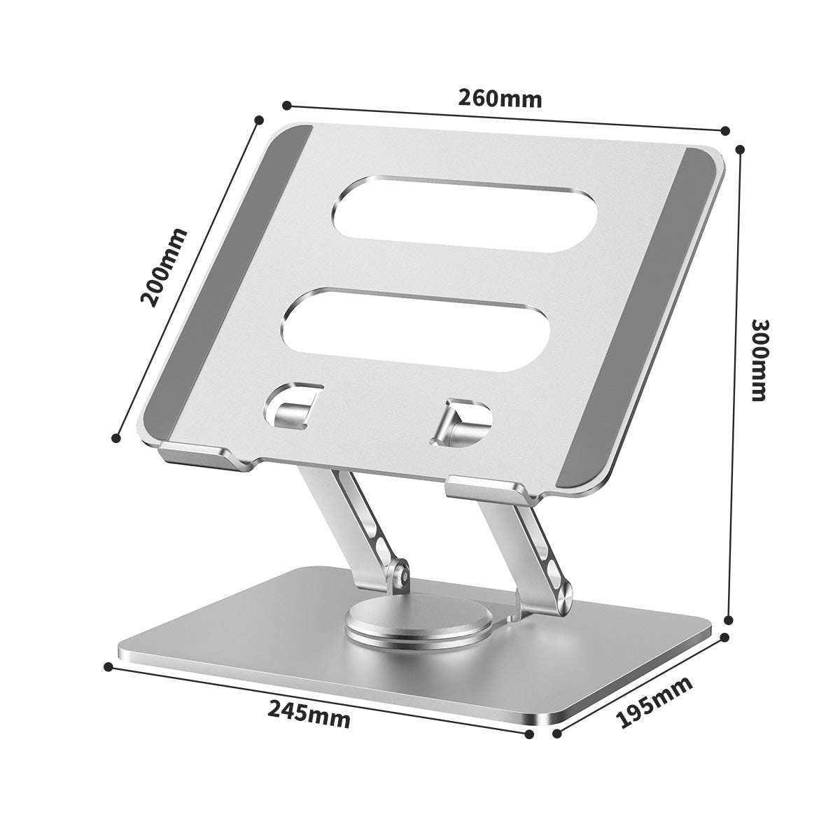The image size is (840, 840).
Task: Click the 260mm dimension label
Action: coord(500,97)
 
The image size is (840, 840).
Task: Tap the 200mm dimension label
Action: coord(164,267)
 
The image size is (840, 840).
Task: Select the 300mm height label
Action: coord(759,360)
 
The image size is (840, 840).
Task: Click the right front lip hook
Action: coord(490,488)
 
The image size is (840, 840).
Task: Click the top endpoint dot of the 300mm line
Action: coord(741,148)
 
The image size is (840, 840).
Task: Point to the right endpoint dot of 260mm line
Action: coord(726,130)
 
